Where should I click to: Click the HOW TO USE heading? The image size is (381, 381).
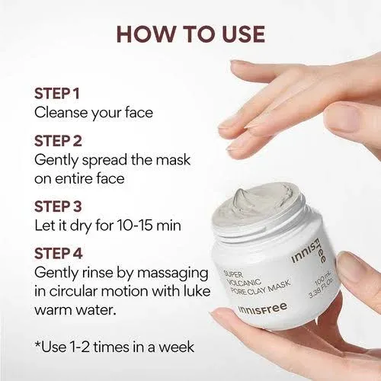point(190,34)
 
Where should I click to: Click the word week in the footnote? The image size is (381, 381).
point(174,347)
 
